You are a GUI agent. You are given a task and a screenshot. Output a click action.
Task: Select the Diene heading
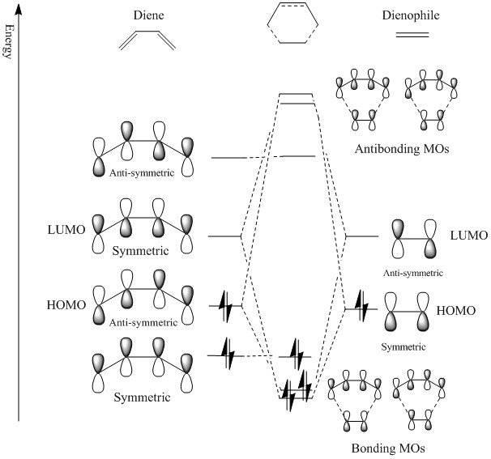click(x=148, y=15)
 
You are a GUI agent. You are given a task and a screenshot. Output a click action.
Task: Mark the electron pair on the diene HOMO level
click(x=225, y=307)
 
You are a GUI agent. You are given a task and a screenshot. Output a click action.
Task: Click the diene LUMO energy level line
click(x=224, y=236)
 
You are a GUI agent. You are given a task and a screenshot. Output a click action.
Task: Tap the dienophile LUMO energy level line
click(x=361, y=236)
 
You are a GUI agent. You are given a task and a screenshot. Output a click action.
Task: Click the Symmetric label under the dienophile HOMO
click(x=409, y=346)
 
